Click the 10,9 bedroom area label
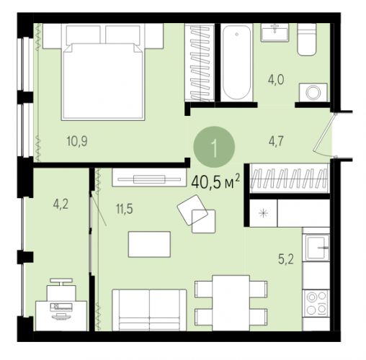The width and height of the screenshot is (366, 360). pos(77,141)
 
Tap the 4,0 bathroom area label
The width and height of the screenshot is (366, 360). pos(276,79)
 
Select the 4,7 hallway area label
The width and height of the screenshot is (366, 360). pos(276,141)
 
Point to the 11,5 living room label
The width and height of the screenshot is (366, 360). pos(125,209)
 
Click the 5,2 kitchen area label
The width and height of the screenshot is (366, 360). pos(286,259)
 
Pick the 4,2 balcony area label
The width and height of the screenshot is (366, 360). pos(61,204)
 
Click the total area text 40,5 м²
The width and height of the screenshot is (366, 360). pos(215,181)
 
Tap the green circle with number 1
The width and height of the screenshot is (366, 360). pos(214,147)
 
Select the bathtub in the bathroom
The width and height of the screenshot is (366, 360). pos(236,63)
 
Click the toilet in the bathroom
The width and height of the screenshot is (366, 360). pos(307,40)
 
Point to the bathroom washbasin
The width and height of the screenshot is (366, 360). pos(275,32)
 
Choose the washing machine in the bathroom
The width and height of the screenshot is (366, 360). pos(313,92)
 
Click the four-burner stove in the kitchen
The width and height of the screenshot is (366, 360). pos(316,303)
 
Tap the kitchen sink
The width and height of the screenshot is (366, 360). pos(316,248)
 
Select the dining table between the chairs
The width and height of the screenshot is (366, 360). pos(231,303)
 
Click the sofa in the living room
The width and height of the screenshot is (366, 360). pos(149,310)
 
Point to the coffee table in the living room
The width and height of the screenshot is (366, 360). pos(149,244)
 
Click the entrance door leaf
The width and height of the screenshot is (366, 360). pos(324,132)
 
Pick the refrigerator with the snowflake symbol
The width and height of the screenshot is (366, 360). pos(264,213)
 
